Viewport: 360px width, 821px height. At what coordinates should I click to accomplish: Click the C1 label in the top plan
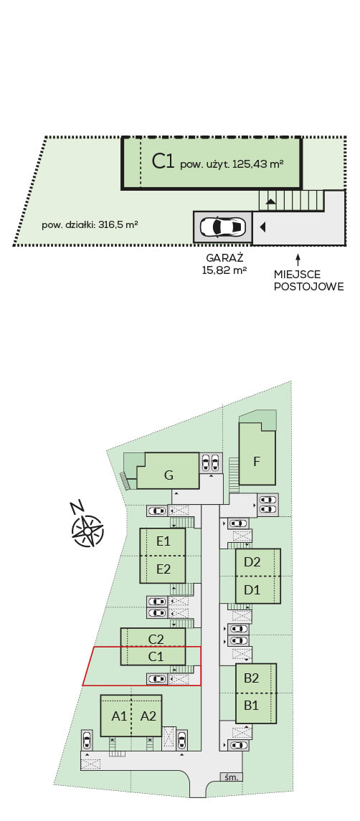pos(163,162)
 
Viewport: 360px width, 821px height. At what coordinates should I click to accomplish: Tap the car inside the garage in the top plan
pos(222,227)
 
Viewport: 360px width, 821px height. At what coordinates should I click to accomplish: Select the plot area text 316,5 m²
pos(118,225)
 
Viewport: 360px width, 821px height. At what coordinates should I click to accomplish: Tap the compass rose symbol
pos(87,531)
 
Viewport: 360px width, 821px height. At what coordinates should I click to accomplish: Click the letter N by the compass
pos(77,507)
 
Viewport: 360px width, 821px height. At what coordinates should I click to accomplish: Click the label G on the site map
pos(169,475)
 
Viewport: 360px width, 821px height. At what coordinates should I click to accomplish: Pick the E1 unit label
pos(164,541)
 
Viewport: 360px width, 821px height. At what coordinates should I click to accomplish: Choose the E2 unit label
pos(164,569)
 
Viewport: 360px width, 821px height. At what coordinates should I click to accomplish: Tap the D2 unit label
pos(252,562)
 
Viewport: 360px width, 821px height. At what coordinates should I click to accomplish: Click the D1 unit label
pos(252,590)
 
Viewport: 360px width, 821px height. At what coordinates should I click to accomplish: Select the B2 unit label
pos(252,678)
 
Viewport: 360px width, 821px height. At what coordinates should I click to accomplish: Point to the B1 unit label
pos(252,706)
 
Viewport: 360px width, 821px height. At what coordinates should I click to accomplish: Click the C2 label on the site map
pos(156,639)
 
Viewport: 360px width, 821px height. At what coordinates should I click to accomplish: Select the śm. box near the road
pos(231,777)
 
